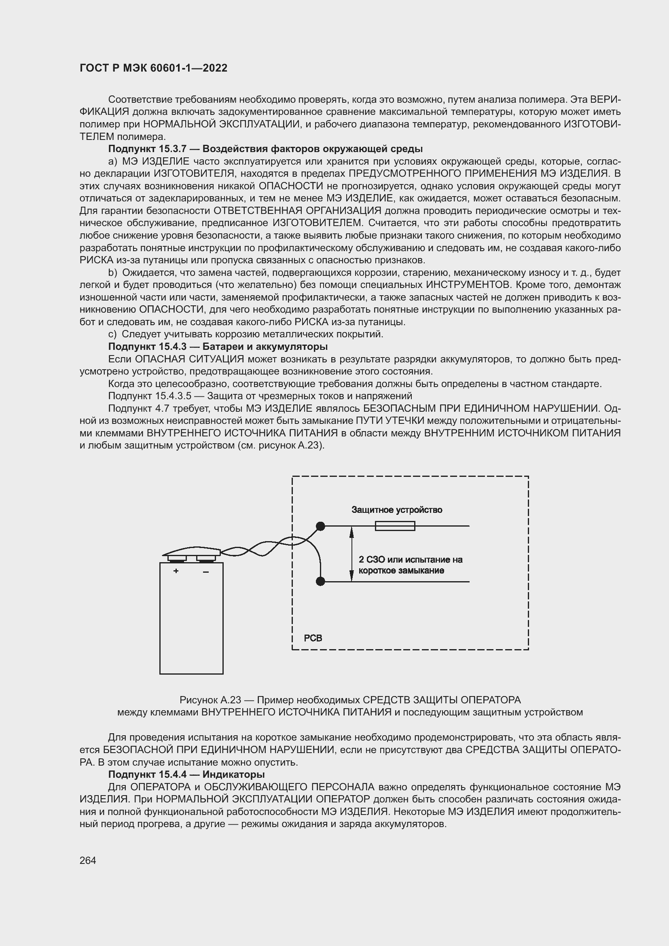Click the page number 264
(87, 860)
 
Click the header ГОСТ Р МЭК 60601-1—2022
(153, 68)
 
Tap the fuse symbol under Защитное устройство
(395, 526)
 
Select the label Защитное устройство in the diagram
(397, 510)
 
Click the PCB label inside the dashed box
(313, 638)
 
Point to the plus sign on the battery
(176, 571)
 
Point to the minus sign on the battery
(205, 571)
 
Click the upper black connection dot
(320, 526)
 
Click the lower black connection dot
(320, 581)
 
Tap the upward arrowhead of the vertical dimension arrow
(351, 532)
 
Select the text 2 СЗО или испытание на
(410, 559)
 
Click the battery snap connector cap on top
(192, 551)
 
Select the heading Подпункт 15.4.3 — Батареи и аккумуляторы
(218, 347)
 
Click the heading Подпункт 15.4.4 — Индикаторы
(186, 775)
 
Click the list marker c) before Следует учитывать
(112, 334)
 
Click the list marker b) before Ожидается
(112, 273)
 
